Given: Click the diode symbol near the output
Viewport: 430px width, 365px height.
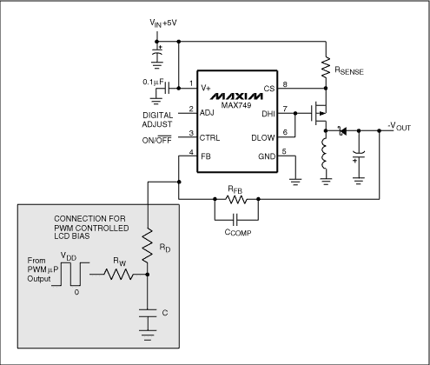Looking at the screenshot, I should tap(341, 130).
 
